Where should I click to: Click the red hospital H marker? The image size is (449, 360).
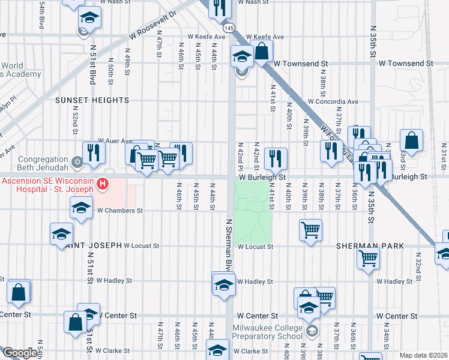103,183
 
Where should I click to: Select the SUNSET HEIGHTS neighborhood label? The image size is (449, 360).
92,100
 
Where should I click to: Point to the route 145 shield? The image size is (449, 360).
229,28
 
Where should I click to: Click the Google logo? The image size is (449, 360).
19,353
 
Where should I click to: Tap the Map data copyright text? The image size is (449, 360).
423,355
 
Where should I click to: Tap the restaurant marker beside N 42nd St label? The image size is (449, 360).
276,158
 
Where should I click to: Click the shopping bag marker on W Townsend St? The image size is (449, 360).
262,51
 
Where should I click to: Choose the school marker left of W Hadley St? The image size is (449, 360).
223,284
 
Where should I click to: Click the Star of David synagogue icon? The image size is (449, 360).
76,162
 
